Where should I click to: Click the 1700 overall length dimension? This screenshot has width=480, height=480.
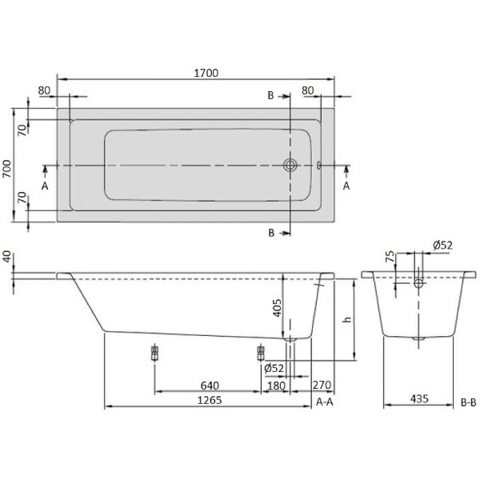click(x=206, y=73)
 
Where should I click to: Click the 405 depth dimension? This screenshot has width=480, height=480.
click(x=276, y=307)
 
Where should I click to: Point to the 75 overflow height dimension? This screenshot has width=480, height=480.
click(x=390, y=257)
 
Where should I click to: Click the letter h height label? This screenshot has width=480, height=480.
click(x=346, y=319)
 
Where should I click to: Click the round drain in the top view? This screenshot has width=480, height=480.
click(x=290, y=166)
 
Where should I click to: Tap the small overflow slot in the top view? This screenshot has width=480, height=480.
click(x=318, y=166)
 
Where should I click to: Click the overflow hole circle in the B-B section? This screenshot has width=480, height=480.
click(x=418, y=283)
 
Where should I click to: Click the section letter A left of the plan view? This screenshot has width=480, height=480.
click(x=45, y=185)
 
